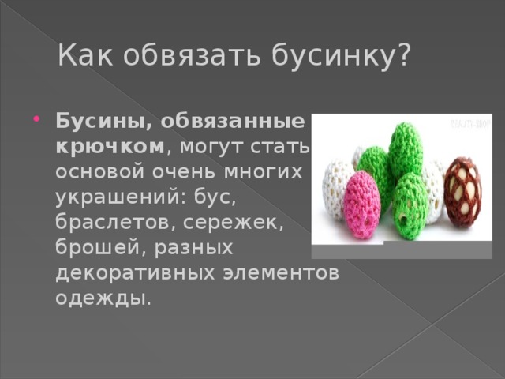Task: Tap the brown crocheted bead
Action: [x=462, y=191]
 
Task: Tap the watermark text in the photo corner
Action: [x=470, y=123]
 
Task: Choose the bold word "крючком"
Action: [x=110, y=148]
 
